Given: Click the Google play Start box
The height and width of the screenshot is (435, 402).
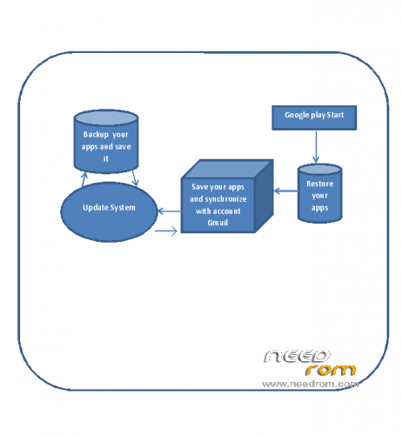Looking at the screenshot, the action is pyautogui.click(x=314, y=117).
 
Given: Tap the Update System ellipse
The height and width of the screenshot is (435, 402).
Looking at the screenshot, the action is pyautogui.click(x=109, y=212).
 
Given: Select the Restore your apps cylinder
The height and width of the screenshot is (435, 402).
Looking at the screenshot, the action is pyautogui.click(x=320, y=193).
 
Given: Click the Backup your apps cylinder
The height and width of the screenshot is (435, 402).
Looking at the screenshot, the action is pyautogui.click(x=106, y=142).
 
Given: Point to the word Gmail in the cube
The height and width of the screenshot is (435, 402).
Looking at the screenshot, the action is pyautogui.click(x=218, y=223).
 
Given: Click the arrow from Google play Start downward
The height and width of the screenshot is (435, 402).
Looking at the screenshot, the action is pyautogui.click(x=316, y=147).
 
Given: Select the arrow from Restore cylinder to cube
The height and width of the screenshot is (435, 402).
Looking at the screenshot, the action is pyautogui.click(x=285, y=191).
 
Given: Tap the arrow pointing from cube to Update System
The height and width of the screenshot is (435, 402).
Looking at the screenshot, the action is pyautogui.click(x=170, y=211).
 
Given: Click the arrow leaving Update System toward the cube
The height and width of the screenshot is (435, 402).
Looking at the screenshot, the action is pyautogui.click(x=166, y=231).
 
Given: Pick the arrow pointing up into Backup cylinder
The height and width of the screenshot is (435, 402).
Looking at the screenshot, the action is pyautogui.click(x=84, y=179).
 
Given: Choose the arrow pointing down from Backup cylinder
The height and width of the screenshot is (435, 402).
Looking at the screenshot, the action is pyautogui.click(x=135, y=177).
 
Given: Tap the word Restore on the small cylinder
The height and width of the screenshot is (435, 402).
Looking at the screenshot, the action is pyautogui.click(x=320, y=184).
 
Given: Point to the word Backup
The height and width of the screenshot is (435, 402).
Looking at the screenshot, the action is pyautogui.click(x=96, y=135).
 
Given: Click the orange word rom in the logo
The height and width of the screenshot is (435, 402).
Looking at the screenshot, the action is pyautogui.click(x=331, y=370).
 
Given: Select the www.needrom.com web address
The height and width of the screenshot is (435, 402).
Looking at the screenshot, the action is pyautogui.click(x=311, y=384).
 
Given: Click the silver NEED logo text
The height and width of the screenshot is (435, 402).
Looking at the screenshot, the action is pyautogui.click(x=297, y=356).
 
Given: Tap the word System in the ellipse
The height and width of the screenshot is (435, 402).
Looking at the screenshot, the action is pyautogui.click(x=123, y=208).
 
